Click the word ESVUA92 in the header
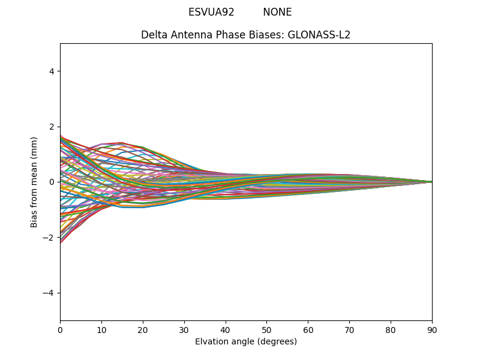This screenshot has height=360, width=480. (x=211, y=12)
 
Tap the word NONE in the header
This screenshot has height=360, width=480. (x=277, y=12)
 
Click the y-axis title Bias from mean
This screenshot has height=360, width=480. (x=35, y=182)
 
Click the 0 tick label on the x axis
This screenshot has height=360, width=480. (x=60, y=329)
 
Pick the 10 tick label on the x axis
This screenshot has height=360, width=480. (x=101, y=329)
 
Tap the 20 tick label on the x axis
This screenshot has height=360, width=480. (x=143, y=329)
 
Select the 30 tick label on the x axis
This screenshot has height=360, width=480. (x=184, y=329)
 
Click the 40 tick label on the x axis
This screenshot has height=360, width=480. (x=226, y=329)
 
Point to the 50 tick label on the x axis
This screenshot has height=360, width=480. (x=266, y=329)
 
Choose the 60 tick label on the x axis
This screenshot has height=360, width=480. (x=308, y=329)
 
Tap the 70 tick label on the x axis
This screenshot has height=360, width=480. (x=349, y=329)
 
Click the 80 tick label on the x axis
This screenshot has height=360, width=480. (x=391, y=329)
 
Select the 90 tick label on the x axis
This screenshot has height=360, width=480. (x=432, y=329)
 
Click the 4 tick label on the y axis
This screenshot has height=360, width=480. (x=51, y=71)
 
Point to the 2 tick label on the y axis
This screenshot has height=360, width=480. (x=51, y=127)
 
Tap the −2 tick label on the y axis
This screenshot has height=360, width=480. (x=49, y=238)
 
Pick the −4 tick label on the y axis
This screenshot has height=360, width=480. (x=49, y=293)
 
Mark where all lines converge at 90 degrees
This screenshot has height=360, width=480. (x=431, y=182)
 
